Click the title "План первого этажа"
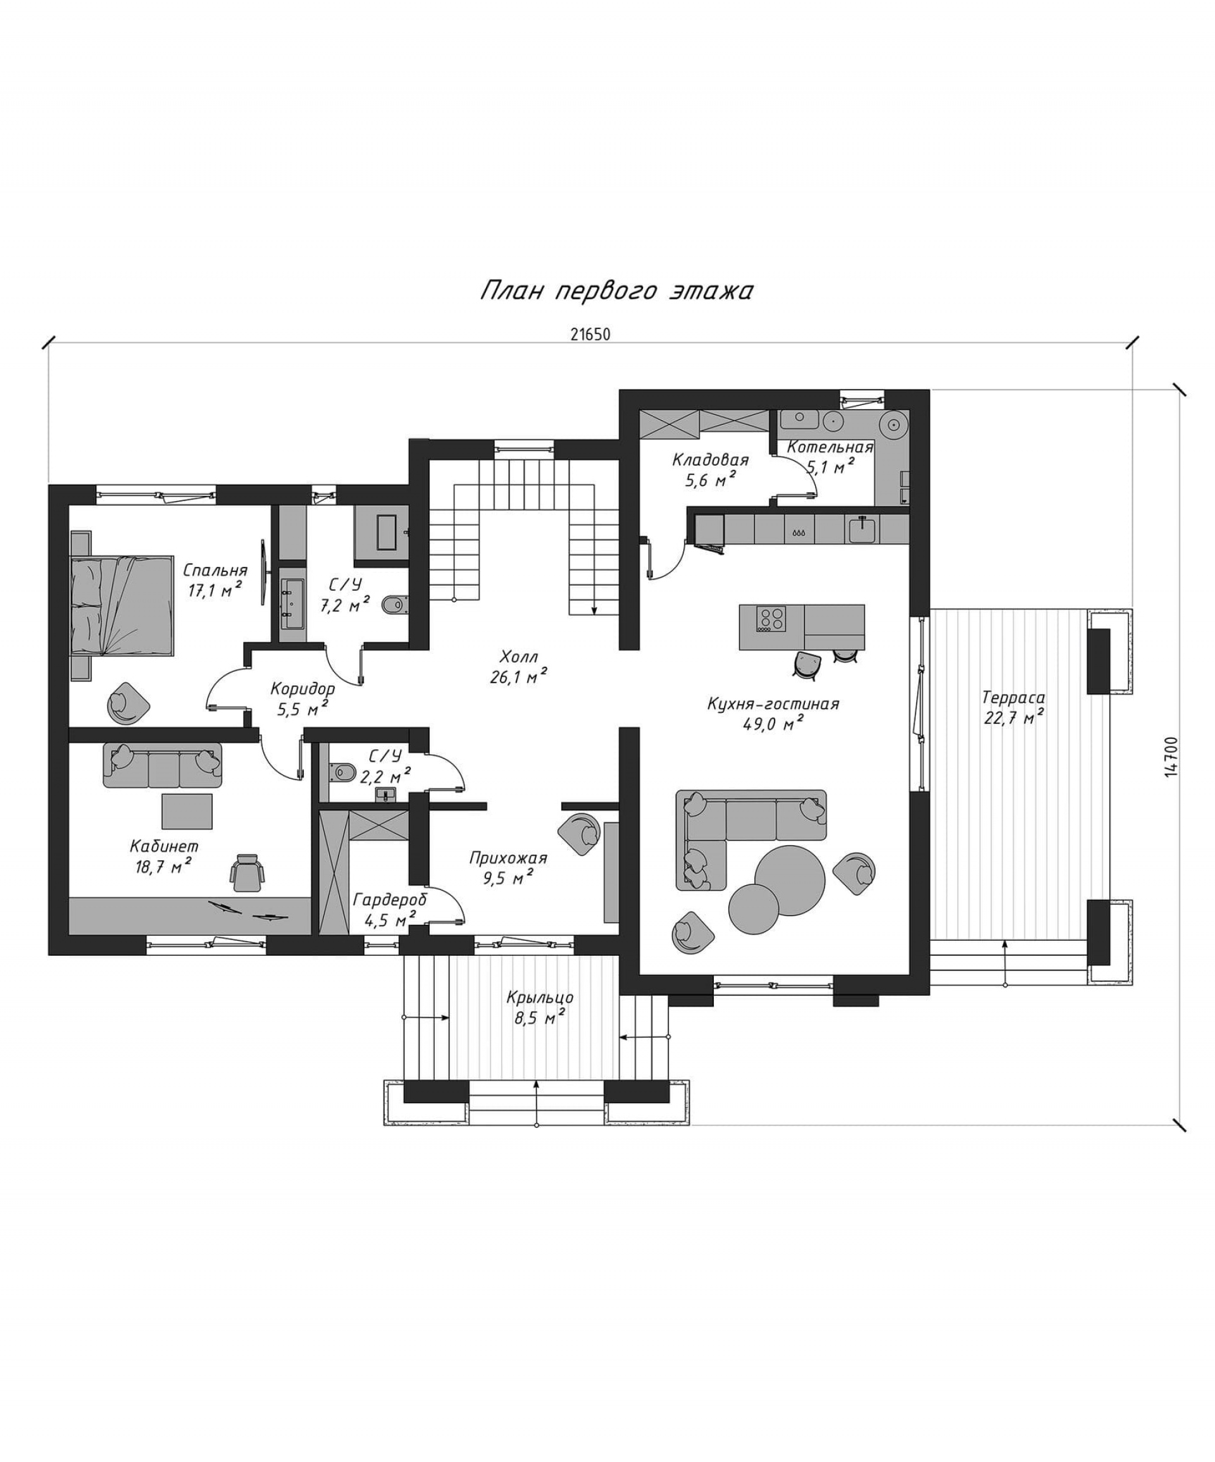pyautogui.click(x=616, y=291)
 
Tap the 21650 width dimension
pyautogui.click(x=590, y=334)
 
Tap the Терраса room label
pyautogui.click(x=1013, y=697)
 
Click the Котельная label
pyautogui.click(x=830, y=447)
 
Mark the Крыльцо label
pyautogui.click(x=540, y=998)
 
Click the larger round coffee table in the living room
pyautogui.click(x=790, y=879)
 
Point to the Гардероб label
pyautogui.click(x=390, y=900)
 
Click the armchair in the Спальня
pyautogui.click(x=128, y=703)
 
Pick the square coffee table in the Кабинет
pyautogui.click(x=187, y=811)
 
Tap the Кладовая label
pyautogui.click(x=710, y=459)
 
